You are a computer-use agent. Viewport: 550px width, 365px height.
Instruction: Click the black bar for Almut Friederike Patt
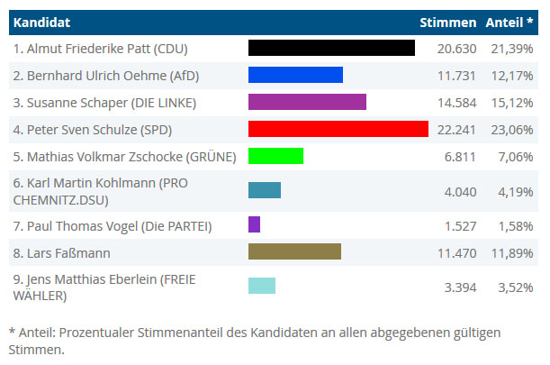click(330, 48)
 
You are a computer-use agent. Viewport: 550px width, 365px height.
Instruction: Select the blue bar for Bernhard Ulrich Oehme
click(295, 75)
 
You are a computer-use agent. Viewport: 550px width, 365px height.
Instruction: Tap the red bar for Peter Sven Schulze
click(338, 129)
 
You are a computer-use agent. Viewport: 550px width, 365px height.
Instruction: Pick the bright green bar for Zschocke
click(275, 156)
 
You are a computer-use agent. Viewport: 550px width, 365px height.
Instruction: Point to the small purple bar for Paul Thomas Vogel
click(254, 224)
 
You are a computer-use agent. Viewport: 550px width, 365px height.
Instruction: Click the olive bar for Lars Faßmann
click(294, 251)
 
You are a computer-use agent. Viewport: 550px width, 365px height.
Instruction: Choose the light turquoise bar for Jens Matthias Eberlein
click(262, 286)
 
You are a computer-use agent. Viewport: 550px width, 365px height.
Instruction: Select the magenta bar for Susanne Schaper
click(307, 102)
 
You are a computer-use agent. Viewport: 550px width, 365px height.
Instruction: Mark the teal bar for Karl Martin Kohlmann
click(265, 190)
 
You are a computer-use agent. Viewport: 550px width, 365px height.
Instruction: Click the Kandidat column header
click(42, 21)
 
